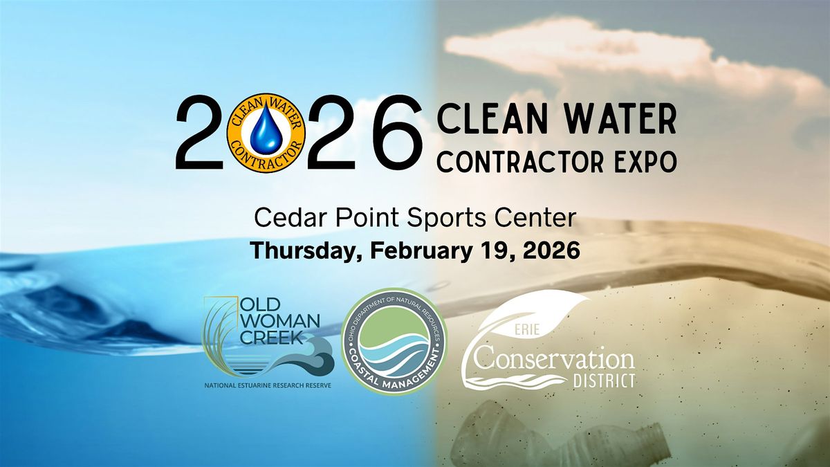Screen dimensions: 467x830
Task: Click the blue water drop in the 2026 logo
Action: point(266,132)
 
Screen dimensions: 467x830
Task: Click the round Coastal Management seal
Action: point(395,340)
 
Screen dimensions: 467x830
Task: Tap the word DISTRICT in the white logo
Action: point(605,381)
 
